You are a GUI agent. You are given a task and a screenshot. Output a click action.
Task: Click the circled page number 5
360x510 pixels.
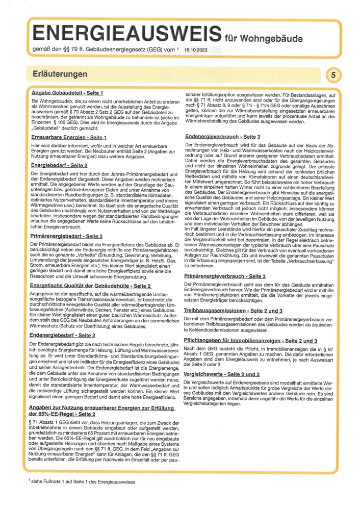click(333, 75)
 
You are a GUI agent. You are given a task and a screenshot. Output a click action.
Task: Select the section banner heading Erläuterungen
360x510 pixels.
click(58, 74)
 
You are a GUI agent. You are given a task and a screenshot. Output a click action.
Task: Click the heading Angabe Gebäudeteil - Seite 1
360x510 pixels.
click(67, 93)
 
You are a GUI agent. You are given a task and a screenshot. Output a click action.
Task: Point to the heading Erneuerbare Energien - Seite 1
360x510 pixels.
click(69, 137)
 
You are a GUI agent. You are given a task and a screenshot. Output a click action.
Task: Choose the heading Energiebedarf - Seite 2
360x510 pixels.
click(59, 166)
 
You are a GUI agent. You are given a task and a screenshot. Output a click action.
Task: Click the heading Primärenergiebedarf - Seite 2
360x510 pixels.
click(67, 236)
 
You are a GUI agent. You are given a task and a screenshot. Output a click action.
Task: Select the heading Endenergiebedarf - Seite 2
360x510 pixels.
click(63, 335)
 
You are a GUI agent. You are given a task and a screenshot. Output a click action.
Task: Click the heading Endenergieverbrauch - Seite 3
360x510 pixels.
click(223, 137)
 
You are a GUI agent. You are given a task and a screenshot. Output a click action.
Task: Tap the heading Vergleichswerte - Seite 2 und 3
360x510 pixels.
click(222, 374)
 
